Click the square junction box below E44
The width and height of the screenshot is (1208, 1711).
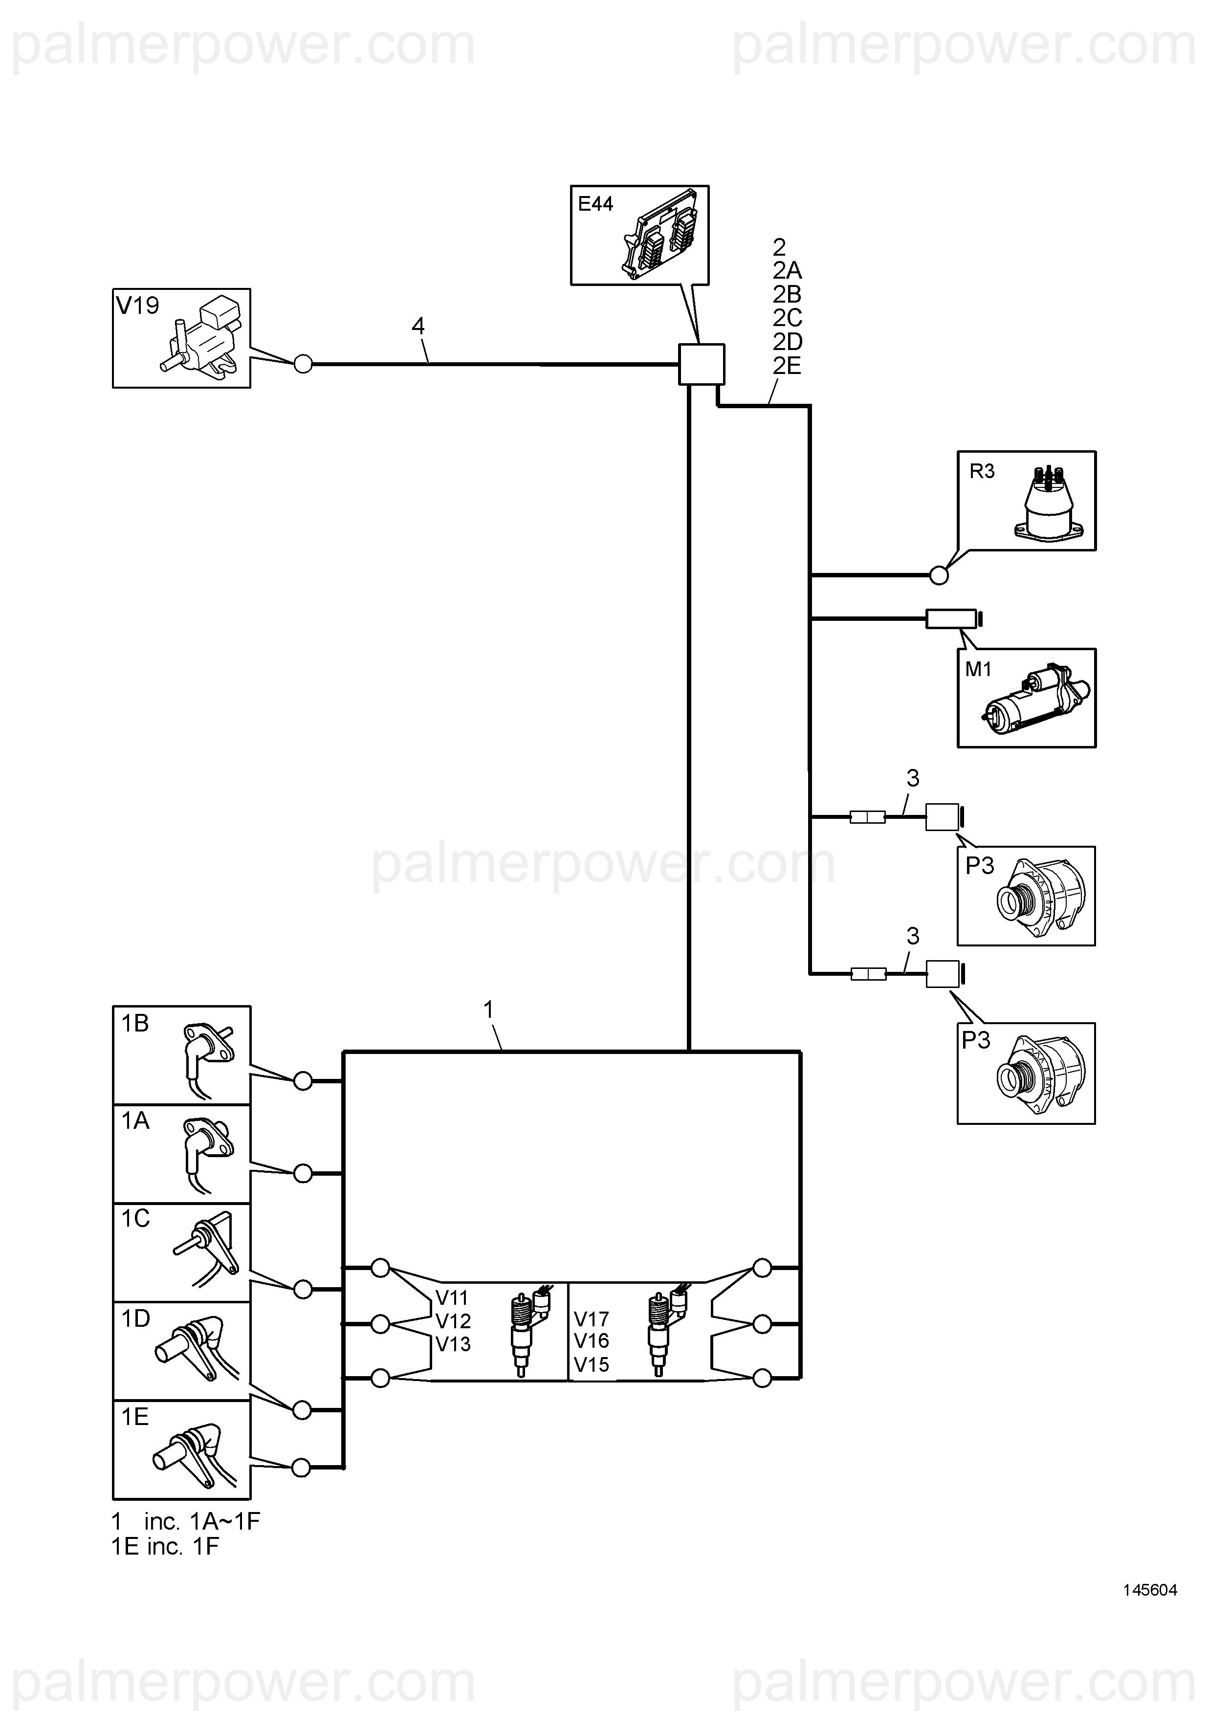(x=701, y=364)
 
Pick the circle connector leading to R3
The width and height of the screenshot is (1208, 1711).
(x=939, y=575)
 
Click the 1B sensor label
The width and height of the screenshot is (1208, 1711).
(x=135, y=1023)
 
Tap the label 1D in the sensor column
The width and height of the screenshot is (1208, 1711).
(x=135, y=1318)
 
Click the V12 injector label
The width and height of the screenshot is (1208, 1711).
(x=453, y=1321)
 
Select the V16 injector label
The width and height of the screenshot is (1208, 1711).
(x=592, y=1340)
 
